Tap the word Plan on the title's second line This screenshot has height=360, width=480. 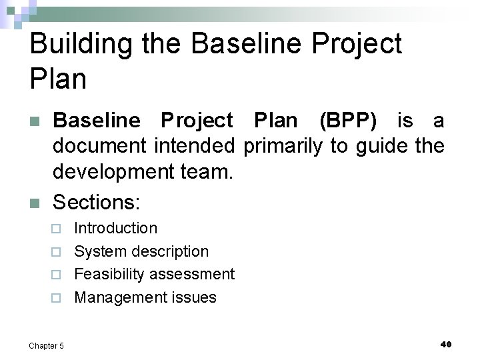[x=59, y=79]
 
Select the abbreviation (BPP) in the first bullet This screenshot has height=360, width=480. [x=348, y=121]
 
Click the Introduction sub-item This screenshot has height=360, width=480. [x=116, y=228]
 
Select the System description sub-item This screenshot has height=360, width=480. [x=141, y=251]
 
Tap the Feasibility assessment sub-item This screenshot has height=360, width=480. [x=154, y=274]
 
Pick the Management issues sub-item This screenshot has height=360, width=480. [x=145, y=297]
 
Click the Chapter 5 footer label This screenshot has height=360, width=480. [x=46, y=345]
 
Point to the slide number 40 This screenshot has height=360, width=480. [x=446, y=344]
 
